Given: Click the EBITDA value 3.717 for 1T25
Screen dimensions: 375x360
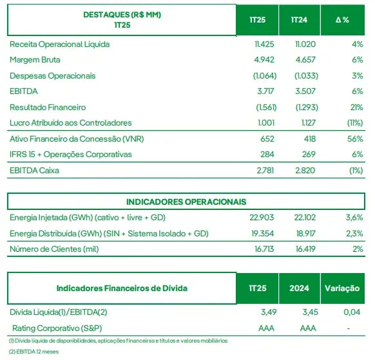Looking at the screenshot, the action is tap(265, 91).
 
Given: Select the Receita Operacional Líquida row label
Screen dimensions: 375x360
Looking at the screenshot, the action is tap(59, 44).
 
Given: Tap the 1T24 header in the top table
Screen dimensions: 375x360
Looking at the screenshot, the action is tap(299, 20).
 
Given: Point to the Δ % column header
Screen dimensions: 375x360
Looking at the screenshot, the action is tap(342, 20).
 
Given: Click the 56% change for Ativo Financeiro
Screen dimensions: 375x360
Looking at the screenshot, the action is tap(355, 139).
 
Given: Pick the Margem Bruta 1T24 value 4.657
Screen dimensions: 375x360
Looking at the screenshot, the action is tap(305, 60).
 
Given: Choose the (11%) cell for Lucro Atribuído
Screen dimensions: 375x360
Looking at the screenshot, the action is tap(355, 123).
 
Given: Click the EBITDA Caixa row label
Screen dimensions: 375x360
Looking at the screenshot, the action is tap(34, 171).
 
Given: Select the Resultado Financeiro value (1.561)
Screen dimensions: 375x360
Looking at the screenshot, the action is tap(266, 108).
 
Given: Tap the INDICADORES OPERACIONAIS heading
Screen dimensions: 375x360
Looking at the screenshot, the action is tap(186, 202).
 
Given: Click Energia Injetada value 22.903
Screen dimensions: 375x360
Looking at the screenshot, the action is tap(262, 218).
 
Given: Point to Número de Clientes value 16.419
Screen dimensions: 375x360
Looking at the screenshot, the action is tap(305, 249).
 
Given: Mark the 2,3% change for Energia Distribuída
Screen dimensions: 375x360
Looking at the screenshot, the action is tap(354, 234).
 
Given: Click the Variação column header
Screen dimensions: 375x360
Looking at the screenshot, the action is tap(342, 289).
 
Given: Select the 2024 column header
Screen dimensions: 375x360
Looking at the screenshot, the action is tap(299, 289).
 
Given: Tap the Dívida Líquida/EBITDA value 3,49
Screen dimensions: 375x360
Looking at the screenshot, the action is tap(269, 312).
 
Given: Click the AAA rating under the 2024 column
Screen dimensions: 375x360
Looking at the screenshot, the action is tap(308, 328).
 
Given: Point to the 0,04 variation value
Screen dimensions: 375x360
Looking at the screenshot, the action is tap(352, 312).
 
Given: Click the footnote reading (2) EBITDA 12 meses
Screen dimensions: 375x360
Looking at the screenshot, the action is tap(34, 352).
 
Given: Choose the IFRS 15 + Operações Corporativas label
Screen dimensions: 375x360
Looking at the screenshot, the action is tap(70, 155).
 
